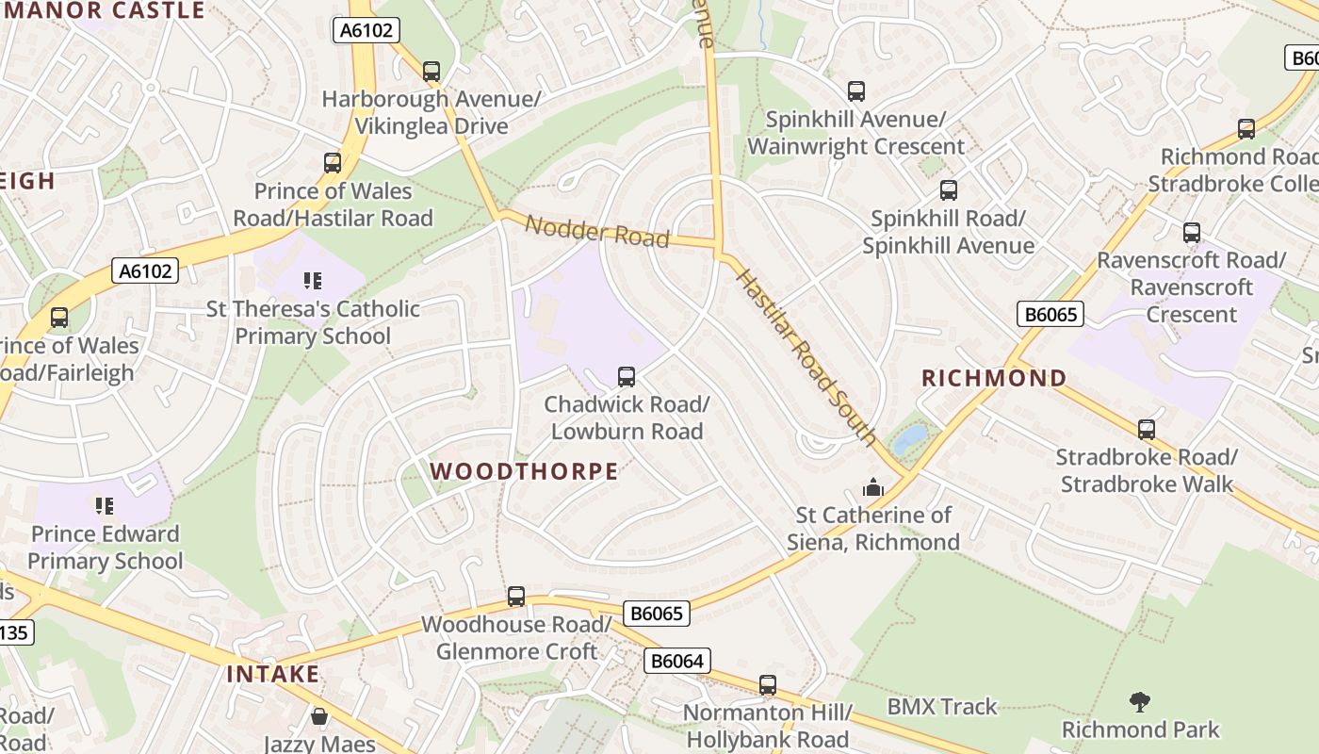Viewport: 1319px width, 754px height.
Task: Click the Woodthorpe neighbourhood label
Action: (524, 471)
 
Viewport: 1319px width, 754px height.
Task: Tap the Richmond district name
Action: (994, 379)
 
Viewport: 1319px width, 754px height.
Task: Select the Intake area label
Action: (272, 675)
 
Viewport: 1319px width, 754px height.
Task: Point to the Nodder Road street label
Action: (596, 231)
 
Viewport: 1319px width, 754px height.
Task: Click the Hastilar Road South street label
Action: (806, 356)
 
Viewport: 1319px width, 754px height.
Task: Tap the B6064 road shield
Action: (676, 661)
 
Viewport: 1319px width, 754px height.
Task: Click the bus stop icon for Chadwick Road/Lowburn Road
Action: (627, 377)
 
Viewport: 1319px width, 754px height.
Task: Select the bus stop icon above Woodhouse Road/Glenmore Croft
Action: (516, 597)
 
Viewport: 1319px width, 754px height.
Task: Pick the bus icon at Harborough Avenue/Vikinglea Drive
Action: (432, 72)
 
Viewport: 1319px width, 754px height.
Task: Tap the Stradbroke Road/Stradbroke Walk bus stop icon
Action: (1147, 430)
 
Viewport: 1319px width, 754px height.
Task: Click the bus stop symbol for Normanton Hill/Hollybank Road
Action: (768, 685)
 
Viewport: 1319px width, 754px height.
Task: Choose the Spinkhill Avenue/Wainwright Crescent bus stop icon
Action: (856, 91)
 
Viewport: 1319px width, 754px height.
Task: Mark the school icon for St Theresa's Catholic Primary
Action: (313, 281)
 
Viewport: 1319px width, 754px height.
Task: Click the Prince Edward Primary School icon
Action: (105, 506)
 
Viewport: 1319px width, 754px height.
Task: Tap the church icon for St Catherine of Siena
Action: (873, 487)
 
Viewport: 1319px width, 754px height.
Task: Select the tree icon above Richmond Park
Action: (1140, 701)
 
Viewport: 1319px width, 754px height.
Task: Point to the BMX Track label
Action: (941, 707)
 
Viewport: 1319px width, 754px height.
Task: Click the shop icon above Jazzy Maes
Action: (319, 717)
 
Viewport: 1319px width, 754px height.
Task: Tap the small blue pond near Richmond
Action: (910, 439)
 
